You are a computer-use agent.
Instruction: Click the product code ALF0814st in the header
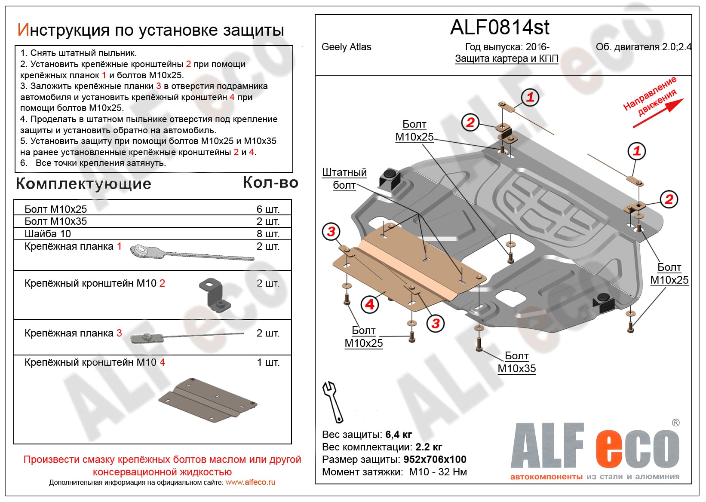click(x=500, y=28)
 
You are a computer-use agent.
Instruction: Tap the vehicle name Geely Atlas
click(x=346, y=47)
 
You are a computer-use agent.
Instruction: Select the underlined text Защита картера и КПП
click(x=506, y=58)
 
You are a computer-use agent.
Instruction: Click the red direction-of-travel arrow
click(x=658, y=113)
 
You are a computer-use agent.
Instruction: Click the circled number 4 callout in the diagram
click(x=370, y=304)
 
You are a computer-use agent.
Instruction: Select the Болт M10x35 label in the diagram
click(x=516, y=362)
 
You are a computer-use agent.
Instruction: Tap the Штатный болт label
click(x=344, y=178)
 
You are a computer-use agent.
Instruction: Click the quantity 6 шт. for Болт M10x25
click(x=268, y=209)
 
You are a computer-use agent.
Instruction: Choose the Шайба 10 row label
click(x=48, y=234)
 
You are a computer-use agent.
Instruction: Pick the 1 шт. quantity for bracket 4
click(x=268, y=362)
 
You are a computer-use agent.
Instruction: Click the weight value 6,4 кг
click(x=399, y=435)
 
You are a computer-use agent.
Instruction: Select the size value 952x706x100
click(x=435, y=459)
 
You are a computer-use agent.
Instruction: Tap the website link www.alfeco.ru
click(x=250, y=482)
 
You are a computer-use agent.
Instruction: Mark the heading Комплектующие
click(x=83, y=184)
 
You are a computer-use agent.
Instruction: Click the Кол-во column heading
click(x=270, y=183)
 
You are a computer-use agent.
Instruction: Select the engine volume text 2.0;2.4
click(x=677, y=47)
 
